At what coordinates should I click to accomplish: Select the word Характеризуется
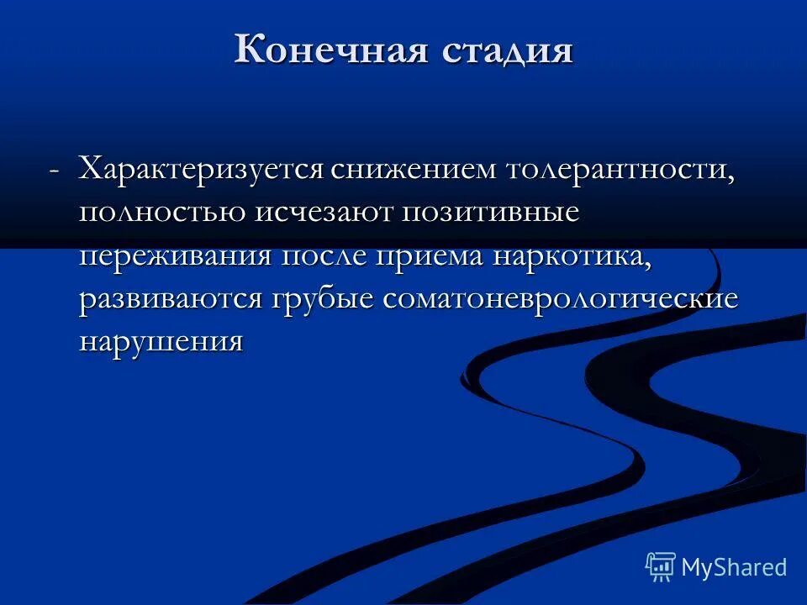coord(201,168)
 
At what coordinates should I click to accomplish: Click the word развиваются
coord(171,299)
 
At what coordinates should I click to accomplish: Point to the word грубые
coord(322,299)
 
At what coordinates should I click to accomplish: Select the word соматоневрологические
coord(561,299)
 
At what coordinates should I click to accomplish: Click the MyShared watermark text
coord(734,567)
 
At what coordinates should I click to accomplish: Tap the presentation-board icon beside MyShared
coord(661,567)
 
